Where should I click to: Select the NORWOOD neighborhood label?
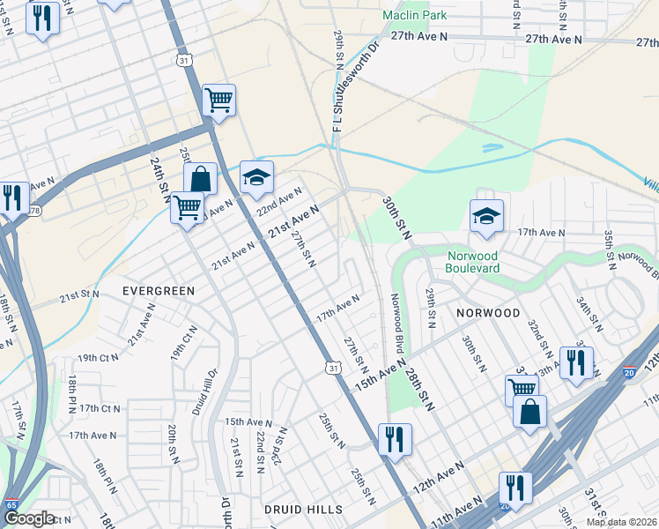(487, 313)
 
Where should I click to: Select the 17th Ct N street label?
(100, 408)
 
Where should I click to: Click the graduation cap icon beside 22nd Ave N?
(256, 178)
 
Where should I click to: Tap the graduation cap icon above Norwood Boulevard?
(485, 216)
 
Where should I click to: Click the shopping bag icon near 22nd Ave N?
(200, 178)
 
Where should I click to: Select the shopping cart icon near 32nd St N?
(522, 387)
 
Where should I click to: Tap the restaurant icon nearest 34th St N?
(575, 361)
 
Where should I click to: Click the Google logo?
(29, 519)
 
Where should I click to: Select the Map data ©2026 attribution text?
(621, 522)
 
